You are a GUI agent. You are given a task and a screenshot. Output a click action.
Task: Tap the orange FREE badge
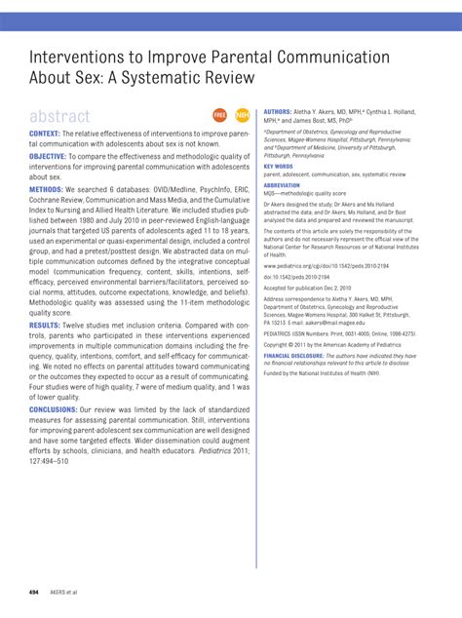pyautogui.click(x=219, y=116)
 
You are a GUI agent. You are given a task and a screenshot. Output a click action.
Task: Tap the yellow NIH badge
pyautogui.click(x=242, y=116)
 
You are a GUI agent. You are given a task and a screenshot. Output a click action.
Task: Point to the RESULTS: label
pyautogui.click(x=45, y=323)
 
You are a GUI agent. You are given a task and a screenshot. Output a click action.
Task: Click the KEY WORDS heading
pyautogui.click(x=279, y=167)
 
